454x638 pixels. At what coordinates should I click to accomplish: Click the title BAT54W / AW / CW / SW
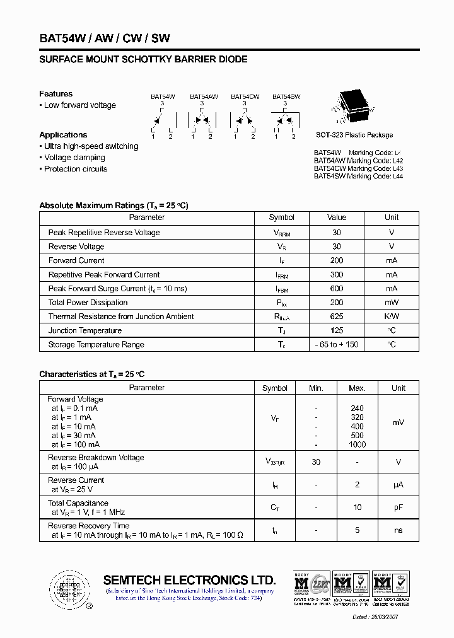(104, 38)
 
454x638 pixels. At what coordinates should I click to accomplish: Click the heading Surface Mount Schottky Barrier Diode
(143, 59)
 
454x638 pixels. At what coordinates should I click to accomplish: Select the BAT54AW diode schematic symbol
(202, 119)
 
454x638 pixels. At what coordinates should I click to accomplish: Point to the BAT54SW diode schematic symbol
(285, 119)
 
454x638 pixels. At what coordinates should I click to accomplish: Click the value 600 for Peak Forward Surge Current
(337, 289)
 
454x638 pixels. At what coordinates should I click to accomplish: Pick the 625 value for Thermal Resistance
(337, 316)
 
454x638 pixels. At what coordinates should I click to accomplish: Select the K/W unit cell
(392, 316)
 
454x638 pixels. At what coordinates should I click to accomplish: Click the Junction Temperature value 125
(337, 330)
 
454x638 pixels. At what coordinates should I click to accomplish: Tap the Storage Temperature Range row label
(96, 345)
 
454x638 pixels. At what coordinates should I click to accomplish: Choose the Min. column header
(316, 388)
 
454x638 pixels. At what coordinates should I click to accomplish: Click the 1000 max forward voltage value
(357, 444)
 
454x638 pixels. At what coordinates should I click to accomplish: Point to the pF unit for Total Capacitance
(399, 507)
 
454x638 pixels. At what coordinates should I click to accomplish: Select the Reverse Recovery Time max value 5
(357, 530)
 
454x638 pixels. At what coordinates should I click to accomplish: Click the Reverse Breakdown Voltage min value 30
(316, 462)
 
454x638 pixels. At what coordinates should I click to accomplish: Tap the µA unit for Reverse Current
(399, 485)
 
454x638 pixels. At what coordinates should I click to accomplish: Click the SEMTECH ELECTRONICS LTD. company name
(189, 580)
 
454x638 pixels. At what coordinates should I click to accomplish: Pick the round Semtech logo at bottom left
(69, 589)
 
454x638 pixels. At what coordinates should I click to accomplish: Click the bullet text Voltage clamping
(74, 158)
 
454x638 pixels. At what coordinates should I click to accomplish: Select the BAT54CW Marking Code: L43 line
(358, 169)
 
